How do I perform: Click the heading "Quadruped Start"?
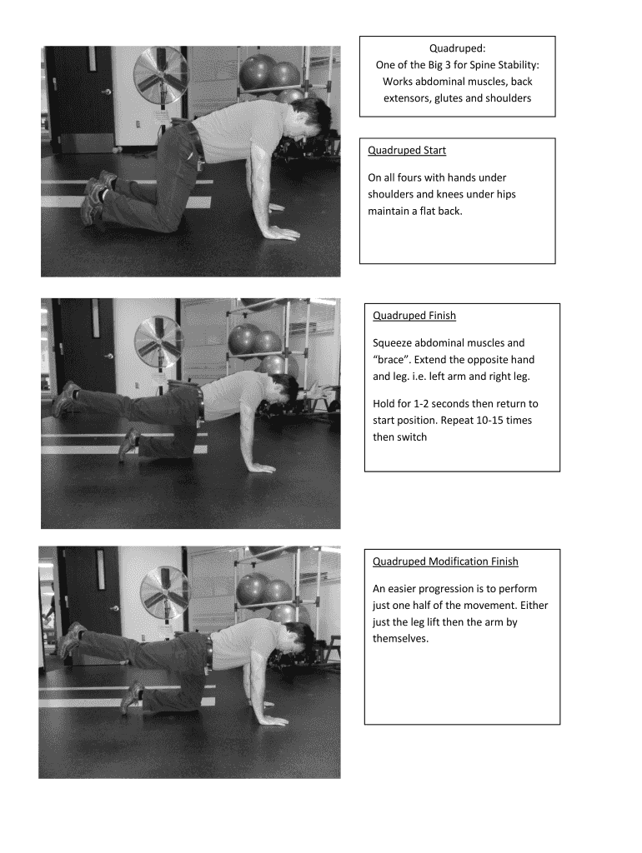(407, 151)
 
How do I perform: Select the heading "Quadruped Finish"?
(414, 316)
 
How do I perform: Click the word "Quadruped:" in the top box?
(457, 48)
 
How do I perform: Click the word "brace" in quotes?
(393, 360)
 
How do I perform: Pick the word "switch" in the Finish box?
(411, 436)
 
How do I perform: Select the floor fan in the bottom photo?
(164, 591)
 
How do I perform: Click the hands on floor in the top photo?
(279, 234)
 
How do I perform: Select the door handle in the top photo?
(106, 92)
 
